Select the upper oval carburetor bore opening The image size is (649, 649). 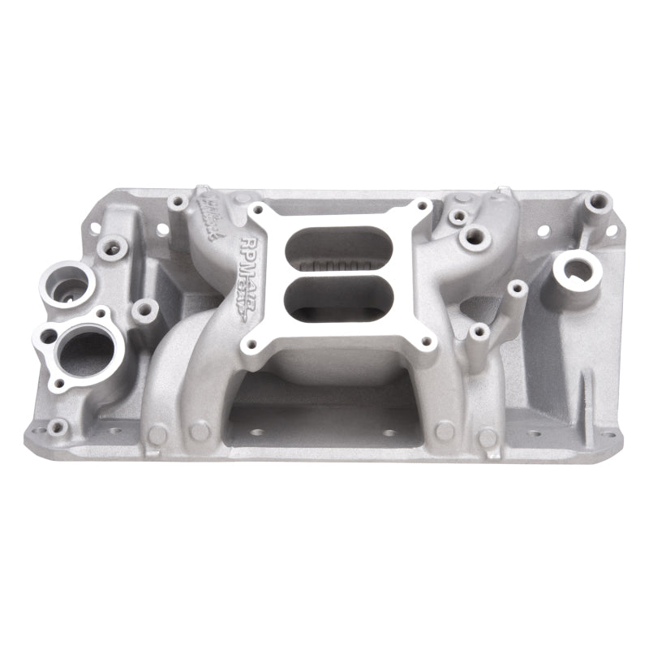(x=339, y=239)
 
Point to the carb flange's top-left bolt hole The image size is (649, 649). (x=258, y=209)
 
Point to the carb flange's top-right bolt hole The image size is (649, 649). (x=423, y=208)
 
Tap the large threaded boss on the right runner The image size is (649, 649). (x=471, y=238)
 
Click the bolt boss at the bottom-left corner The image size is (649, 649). (x=57, y=426)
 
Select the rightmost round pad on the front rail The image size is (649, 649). (x=488, y=437)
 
